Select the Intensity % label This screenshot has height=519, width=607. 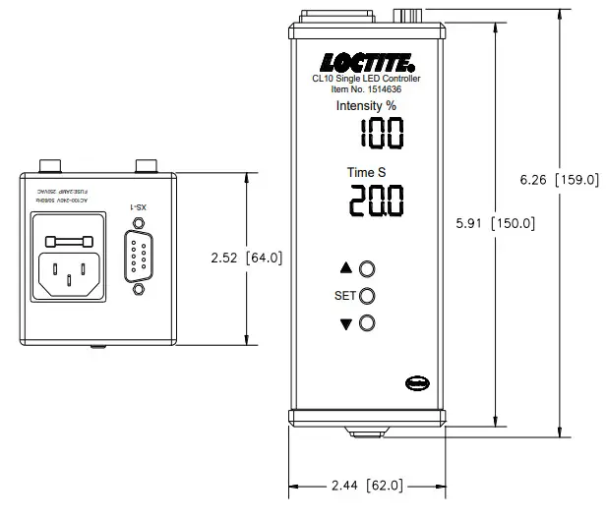[x=366, y=105]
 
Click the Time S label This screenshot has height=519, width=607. [x=366, y=173]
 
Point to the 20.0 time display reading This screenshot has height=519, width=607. [x=377, y=203]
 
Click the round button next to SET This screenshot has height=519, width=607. [x=368, y=295]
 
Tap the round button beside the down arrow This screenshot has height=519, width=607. [x=368, y=323]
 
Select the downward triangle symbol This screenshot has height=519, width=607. [x=345, y=324]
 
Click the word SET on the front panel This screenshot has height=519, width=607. [x=343, y=295]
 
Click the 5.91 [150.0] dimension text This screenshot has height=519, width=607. [x=495, y=223]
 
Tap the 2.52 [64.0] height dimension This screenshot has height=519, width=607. [x=247, y=258]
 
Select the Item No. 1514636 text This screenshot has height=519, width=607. [x=366, y=89]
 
